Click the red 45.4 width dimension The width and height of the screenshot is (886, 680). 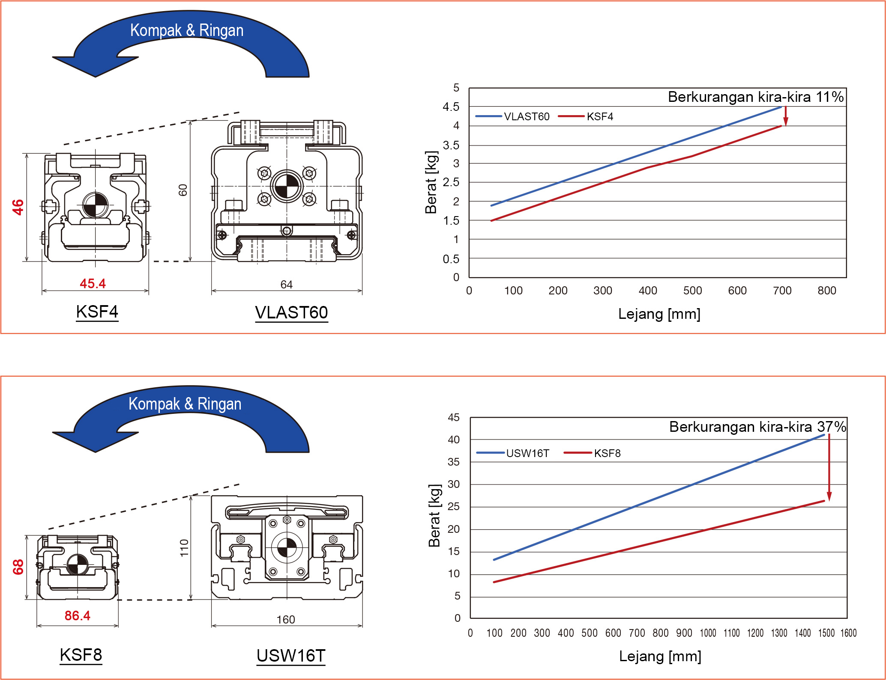(93, 283)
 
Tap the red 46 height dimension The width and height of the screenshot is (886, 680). (18, 207)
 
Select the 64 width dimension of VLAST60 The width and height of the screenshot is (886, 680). (287, 285)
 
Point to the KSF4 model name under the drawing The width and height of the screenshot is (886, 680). (97, 312)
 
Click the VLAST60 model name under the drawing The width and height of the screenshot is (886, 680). (291, 312)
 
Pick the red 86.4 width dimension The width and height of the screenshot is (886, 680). (78, 615)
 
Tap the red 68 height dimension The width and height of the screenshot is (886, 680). (18, 567)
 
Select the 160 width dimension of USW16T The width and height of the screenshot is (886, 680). (286, 619)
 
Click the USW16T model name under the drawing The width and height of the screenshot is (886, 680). (291, 656)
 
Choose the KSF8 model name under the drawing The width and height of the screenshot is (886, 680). (81, 655)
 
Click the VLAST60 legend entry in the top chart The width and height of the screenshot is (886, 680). (513, 116)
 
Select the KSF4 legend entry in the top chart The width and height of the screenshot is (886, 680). (586, 116)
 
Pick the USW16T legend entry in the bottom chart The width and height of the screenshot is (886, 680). (513, 453)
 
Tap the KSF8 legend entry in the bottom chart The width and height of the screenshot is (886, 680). (593, 453)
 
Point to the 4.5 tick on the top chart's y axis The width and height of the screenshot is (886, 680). (451, 107)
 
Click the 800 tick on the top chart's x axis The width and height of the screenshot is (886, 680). (827, 291)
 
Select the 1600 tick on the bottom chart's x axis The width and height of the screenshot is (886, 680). (848, 633)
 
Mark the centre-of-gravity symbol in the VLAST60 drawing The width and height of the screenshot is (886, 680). (287, 186)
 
